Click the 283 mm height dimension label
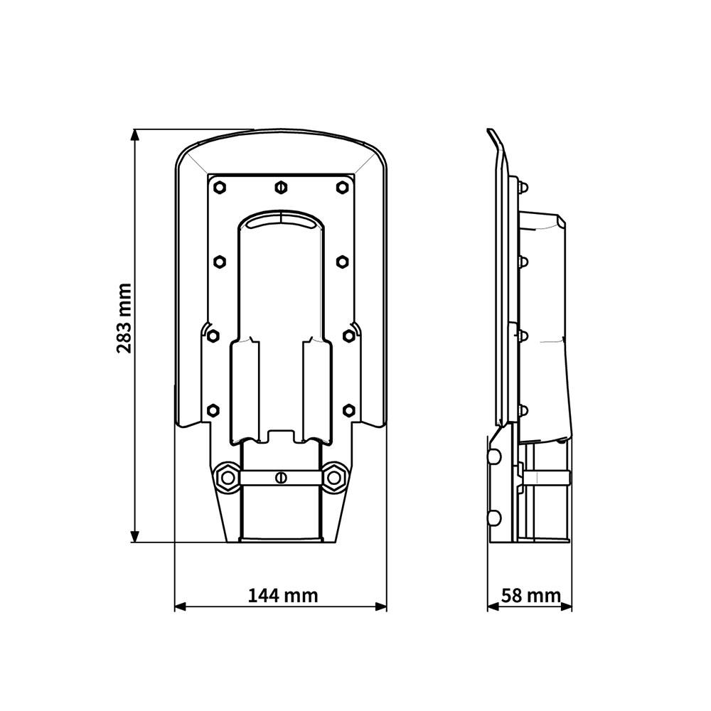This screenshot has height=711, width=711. [x=124, y=318]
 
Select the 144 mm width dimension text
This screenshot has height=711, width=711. [x=283, y=595]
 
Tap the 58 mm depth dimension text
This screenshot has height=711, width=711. [x=531, y=595]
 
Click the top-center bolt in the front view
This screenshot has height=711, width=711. [x=281, y=187]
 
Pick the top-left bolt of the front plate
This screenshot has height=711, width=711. [x=220, y=187]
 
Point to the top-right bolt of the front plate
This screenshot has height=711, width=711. [x=342, y=187]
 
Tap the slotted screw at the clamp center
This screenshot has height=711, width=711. [x=281, y=476]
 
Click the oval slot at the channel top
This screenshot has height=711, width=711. [x=281, y=223]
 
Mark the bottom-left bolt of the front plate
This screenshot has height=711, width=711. [x=213, y=410]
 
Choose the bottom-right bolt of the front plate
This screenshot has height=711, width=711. [x=348, y=410]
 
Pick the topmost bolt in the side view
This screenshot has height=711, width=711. [x=524, y=188]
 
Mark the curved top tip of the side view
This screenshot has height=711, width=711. [x=491, y=132]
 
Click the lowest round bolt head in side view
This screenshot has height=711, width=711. [x=495, y=517]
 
